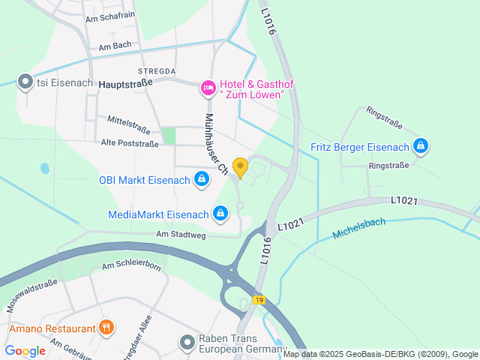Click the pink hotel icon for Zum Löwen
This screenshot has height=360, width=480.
[x=208, y=88]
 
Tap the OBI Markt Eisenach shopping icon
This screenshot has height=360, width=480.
[x=201, y=179]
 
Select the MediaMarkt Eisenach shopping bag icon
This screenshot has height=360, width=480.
[x=220, y=214]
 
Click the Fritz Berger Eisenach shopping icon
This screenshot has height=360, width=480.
[x=421, y=145]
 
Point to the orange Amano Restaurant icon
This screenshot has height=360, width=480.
[x=106, y=328]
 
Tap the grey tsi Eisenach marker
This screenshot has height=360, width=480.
[x=25, y=81]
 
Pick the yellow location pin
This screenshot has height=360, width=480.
[x=240, y=166]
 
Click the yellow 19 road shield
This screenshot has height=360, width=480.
[x=259, y=300]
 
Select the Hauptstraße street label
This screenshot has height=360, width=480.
[x=125, y=84]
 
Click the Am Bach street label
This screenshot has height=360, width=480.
[x=114, y=46]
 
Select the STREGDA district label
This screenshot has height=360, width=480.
[x=157, y=70]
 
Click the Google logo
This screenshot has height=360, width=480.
[x=25, y=350]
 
